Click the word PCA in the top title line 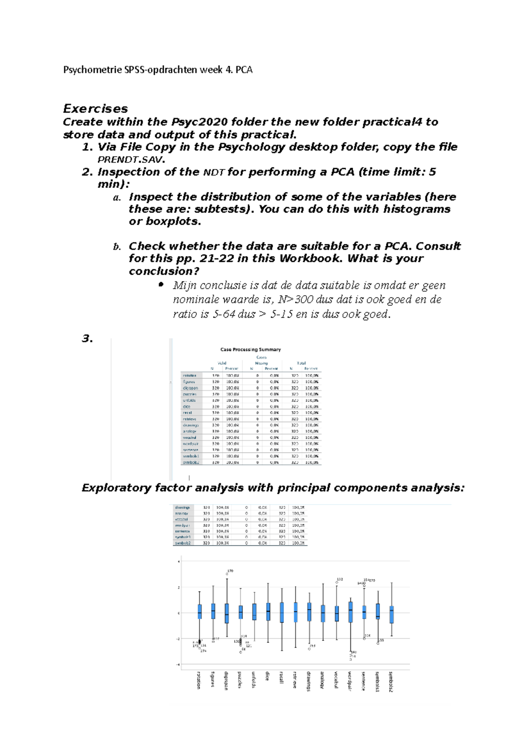pos(244,70)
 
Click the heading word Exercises pos(95,109)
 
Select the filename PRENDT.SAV pos(131,159)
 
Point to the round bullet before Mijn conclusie pos(161,285)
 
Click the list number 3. pos(87,339)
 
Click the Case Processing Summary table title pos(250,349)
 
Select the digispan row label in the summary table pos(190,388)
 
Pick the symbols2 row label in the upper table pos(191,462)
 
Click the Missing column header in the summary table pos(261,363)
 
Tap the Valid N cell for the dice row pos(216,406)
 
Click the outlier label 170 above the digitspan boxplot pos(230,571)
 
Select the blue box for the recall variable pos(282,612)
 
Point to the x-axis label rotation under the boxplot pos(199,680)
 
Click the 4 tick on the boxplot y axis pos(179,562)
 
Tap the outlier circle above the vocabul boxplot pos(336,583)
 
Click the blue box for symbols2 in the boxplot pos(391,614)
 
